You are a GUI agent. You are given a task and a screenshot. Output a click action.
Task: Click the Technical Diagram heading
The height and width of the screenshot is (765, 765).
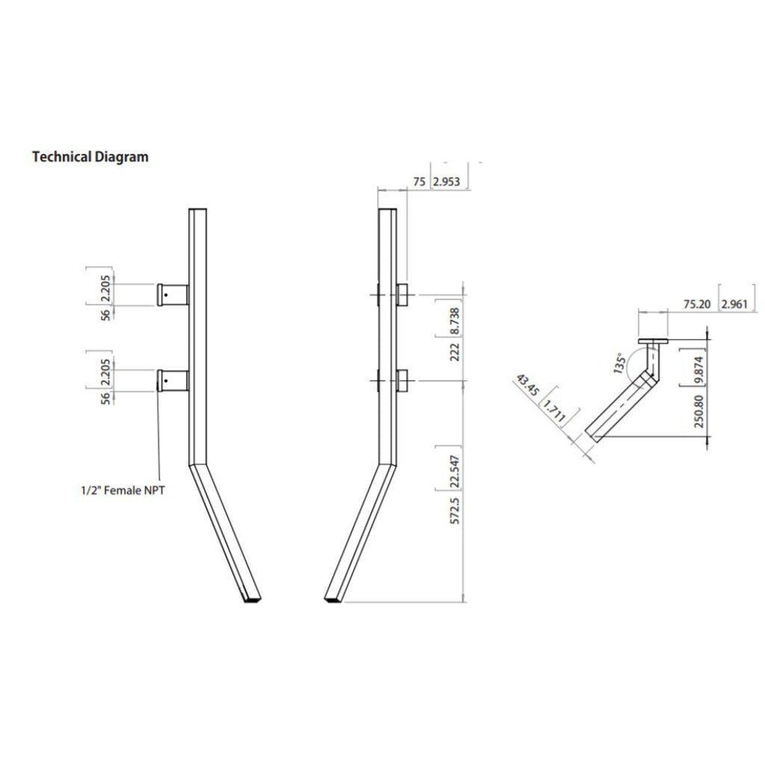[x=90, y=157]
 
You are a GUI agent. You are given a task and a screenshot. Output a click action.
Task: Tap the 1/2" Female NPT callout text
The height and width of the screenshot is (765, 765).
[x=123, y=491]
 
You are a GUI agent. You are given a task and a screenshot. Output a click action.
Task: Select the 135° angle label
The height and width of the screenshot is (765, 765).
[x=620, y=363]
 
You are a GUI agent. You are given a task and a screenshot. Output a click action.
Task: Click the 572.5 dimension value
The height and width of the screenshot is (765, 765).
[x=456, y=511]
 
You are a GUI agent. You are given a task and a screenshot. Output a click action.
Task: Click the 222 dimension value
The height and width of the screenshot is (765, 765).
[x=455, y=352]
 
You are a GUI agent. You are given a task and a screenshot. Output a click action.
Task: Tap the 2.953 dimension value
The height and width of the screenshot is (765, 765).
[x=447, y=182]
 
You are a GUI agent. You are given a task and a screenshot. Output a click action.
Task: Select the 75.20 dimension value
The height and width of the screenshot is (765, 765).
[x=697, y=304]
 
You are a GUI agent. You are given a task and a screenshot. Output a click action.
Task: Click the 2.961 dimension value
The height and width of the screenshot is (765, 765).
[x=734, y=304]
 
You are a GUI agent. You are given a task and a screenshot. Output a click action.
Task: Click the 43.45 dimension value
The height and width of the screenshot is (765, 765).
[x=528, y=384]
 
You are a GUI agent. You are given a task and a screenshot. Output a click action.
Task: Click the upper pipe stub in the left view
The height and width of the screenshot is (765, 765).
[x=173, y=294]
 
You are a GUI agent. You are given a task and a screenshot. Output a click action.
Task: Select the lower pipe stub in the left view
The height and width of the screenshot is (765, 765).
[x=173, y=381]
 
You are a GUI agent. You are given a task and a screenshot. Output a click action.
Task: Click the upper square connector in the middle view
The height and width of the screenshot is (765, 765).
[x=402, y=294]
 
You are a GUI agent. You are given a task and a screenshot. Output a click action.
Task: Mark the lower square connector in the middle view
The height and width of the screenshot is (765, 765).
[x=402, y=381]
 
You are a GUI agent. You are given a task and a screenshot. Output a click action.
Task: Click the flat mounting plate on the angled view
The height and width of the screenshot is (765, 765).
[x=653, y=341]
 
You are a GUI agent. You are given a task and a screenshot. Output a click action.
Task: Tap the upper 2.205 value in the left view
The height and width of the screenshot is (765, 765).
[x=105, y=288]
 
